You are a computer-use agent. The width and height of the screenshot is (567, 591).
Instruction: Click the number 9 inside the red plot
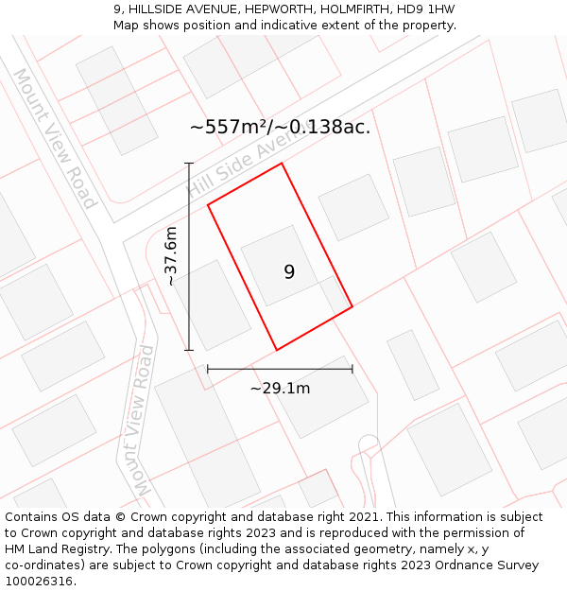[289, 272]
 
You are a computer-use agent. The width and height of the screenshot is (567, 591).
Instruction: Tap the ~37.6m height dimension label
[171, 255]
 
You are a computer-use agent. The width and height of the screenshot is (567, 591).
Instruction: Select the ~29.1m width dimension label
[280, 388]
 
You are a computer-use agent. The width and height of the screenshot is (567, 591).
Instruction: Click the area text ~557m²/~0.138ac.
[280, 127]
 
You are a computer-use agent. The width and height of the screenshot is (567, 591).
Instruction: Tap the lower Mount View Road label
[143, 420]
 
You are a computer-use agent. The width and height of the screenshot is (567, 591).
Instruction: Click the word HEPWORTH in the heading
[268, 9]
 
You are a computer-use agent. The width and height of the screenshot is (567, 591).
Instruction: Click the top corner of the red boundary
[282, 164]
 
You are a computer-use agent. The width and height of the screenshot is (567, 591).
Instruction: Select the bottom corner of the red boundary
[276, 350]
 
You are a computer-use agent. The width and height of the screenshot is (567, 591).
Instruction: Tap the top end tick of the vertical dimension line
[189, 164]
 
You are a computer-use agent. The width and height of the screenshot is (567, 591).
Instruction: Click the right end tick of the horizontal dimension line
[352, 369]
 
